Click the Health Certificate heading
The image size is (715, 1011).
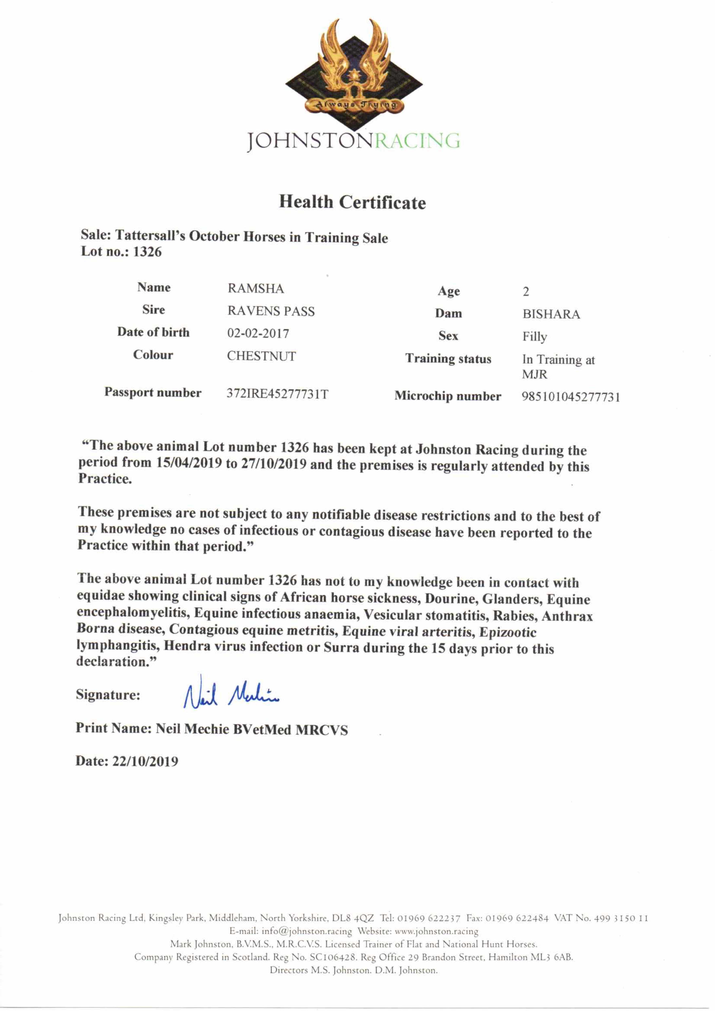click(x=352, y=203)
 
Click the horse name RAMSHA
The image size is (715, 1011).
click(x=255, y=289)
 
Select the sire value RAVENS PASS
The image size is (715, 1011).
click(x=271, y=311)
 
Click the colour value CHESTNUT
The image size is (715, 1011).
click(x=262, y=356)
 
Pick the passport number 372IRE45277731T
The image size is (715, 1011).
click(x=277, y=394)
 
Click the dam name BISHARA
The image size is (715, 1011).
click(x=551, y=314)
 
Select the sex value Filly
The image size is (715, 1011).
click(x=534, y=337)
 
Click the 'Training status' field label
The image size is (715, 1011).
click(x=448, y=359)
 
